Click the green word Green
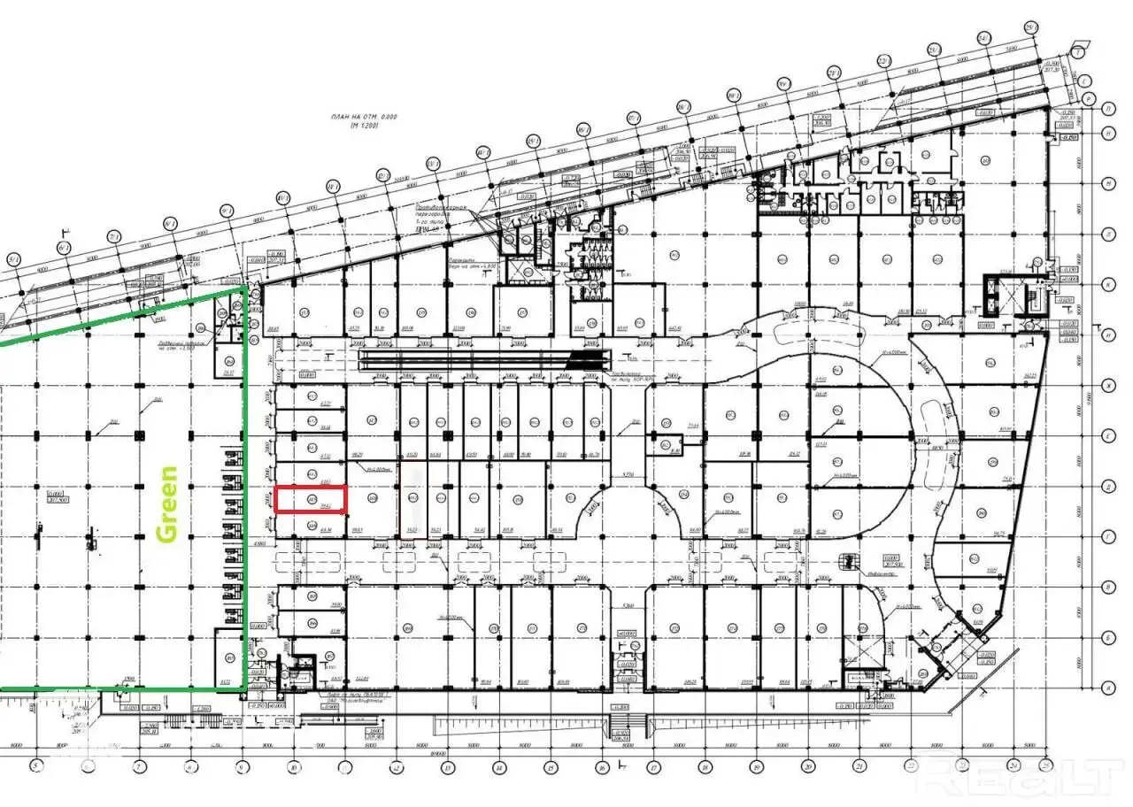pos(166,503)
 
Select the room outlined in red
pos(310,500)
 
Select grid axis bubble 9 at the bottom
pos(240,766)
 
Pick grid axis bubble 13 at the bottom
pos(448,766)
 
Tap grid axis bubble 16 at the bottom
pos(603,766)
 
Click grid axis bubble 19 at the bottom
pos(757,766)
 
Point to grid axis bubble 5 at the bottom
pos(35,766)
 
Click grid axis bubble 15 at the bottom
pos(551,766)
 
